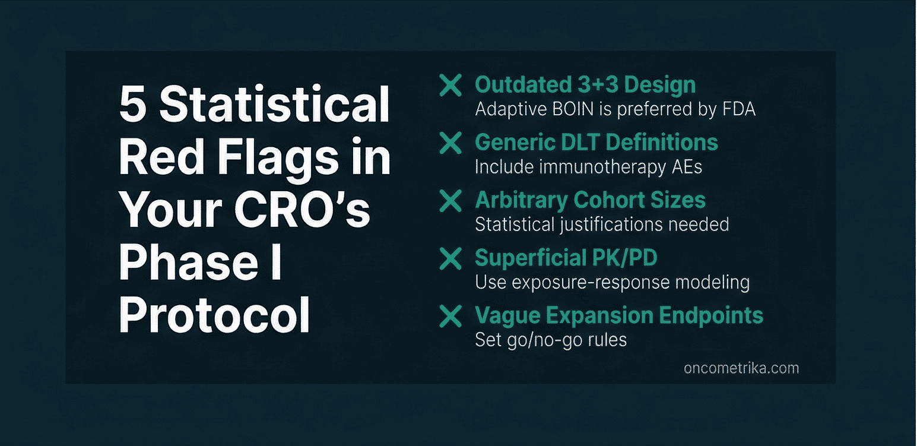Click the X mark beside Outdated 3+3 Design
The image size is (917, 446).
pos(450,86)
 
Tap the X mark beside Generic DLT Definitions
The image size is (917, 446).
pos(450,143)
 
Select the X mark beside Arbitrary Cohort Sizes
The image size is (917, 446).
pos(450,201)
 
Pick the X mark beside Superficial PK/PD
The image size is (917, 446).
pos(450,258)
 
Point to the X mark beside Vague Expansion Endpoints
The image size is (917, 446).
pos(450,316)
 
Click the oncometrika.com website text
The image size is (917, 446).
pos(741,368)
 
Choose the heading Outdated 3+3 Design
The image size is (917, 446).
pos(585,85)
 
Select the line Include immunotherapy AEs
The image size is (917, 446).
pos(588,167)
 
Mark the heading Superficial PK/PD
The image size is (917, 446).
pos(566,258)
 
